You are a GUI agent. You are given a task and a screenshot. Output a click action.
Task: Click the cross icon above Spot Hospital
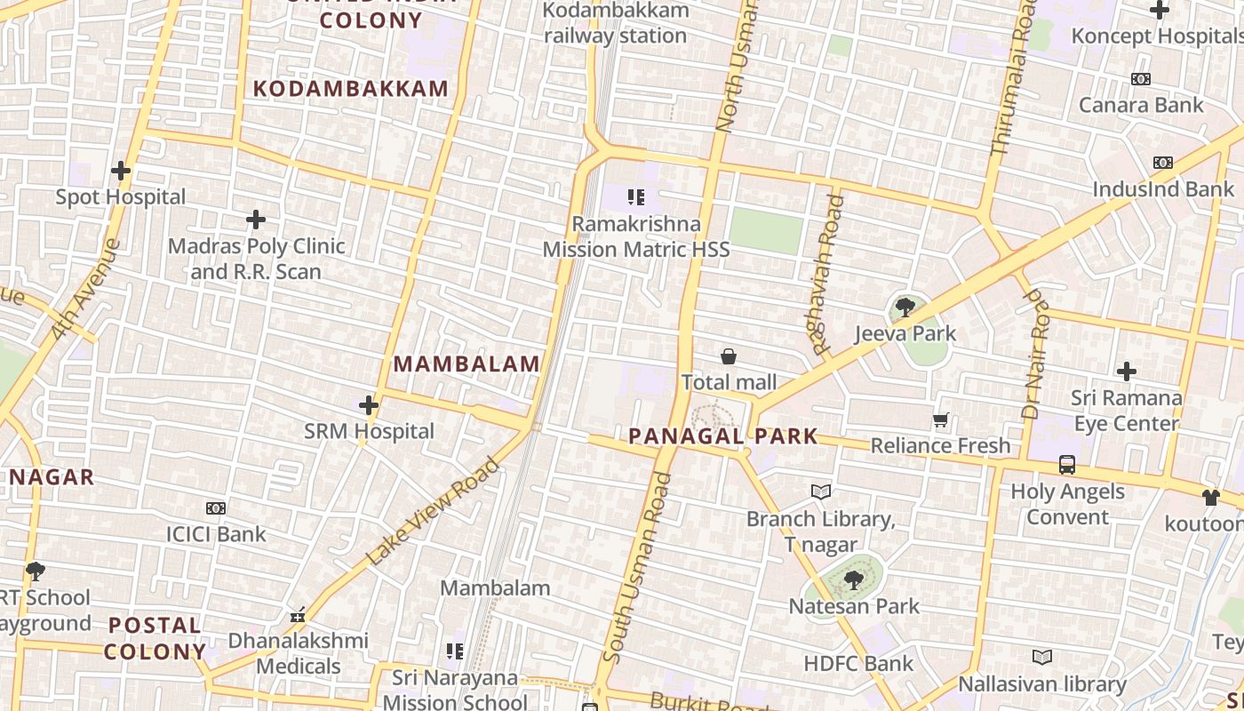pyautogui.click(x=121, y=171)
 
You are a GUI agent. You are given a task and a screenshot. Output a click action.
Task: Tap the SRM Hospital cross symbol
pyautogui.click(x=369, y=406)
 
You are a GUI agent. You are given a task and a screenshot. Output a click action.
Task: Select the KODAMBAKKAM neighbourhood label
pyautogui.click(x=351, y=89)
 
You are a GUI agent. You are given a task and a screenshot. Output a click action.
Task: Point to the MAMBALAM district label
pyautogui.click(x=466, y=363)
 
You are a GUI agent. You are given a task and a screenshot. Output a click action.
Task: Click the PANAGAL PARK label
pyautogui.click(x=722, y=436)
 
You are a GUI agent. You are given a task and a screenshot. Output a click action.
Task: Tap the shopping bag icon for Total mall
pyautogui.click(x=729, y=357)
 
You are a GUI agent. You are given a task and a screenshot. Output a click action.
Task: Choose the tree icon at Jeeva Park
pyautogui.click(x=905, y=308)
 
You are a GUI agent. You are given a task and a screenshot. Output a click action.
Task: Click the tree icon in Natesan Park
pyautogui.click(x=854, y=581)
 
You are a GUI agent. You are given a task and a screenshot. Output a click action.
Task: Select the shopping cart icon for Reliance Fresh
pyautogui.click(x=941, y=419)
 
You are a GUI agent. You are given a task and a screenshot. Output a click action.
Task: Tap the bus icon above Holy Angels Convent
pyautogui.click(x=1067, y=465)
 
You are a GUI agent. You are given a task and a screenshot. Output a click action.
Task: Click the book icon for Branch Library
pyautogui.click(x=821, y=491)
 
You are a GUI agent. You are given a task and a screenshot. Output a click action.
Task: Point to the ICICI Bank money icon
pyautogui.click(x=216, y=508)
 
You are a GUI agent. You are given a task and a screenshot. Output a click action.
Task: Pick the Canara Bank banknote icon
pyautogui.click(x=1141, y=80)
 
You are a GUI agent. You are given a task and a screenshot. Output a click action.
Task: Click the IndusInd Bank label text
pyautogui.click(x=1162, y=188)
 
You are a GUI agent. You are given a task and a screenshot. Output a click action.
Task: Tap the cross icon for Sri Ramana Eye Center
pyautogui.click(x=1127, y=371)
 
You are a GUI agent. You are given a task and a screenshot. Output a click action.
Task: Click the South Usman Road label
pyautogui.click(x=636, y=569)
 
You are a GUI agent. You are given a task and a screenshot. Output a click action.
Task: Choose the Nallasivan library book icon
pyautogui.click(x=1042, y=657)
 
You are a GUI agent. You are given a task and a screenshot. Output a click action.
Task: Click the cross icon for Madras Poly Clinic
pyautogui.click(x=256, y=220)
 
